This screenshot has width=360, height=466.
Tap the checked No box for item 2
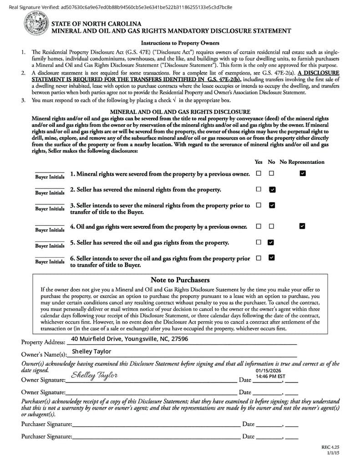pos(272,189)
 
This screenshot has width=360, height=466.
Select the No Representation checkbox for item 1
pos(303,173)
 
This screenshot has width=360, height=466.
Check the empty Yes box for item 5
pos(259,242)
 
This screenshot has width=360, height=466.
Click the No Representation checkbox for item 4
pos(302,226)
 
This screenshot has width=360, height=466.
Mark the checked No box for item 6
pos(272,258)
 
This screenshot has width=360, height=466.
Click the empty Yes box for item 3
pos(259,205)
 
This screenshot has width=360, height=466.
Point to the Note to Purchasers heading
pos(180,280)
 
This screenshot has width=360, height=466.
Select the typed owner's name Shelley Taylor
pos(91,351)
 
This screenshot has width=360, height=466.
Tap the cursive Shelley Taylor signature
pos(94,375)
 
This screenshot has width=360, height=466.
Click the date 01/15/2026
pos(269,371)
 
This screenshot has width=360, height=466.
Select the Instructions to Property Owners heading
pos(180,43)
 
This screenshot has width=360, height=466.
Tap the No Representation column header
pos(302,162)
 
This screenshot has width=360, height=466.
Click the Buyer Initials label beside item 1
pos(50,177)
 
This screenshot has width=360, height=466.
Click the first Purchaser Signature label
pos(46,424)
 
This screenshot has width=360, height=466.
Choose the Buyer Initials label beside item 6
pos(50,262)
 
